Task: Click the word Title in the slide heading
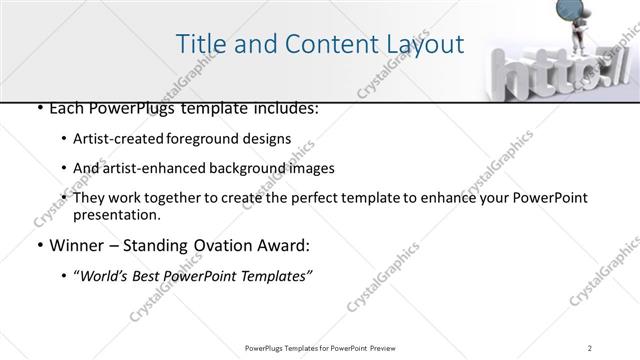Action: tap(199, 44)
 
